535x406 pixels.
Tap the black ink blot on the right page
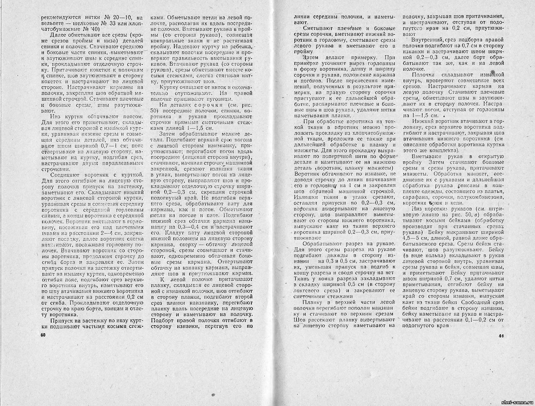coord(493,72)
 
